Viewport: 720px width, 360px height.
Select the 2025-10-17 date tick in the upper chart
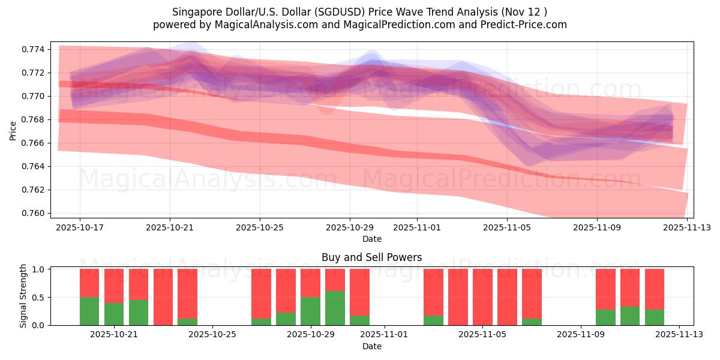click(80, 228)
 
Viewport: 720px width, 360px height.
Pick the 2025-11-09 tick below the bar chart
click(581, 335)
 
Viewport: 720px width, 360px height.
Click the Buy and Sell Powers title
click(371, 257)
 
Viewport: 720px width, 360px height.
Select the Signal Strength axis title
click(23, 296)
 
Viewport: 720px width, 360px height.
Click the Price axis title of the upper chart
click(13, 130)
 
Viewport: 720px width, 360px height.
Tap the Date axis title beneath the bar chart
click(371, 346)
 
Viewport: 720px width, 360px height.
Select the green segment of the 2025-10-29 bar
click(310, 311)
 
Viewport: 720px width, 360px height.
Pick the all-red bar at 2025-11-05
click(482, 297)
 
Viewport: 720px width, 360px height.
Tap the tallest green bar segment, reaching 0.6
click(335, 308)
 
